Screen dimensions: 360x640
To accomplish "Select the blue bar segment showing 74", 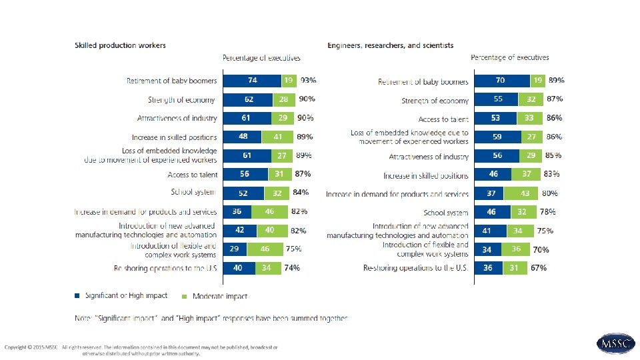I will pyautogui.click(x=252, y=80).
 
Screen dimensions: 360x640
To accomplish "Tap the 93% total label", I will pyautogui.click(x=308, y=80).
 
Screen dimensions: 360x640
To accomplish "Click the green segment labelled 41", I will pyautogui.click(x=277, y=137).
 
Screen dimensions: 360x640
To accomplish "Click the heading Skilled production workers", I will pyautogui.click(x=120, y=45).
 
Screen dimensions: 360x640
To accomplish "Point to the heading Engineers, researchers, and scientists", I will pyautogui.click(x=390, y=45).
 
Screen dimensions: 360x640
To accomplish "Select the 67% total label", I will pyautogui.click(x=539, y=267).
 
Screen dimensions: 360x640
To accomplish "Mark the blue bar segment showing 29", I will pyautogui.click(x=235, y=249).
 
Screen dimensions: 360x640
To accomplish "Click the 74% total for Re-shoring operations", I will pyautogui.click(x=292, y=267).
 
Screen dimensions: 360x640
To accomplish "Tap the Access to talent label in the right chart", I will pyautogui.click(x=445, y=119).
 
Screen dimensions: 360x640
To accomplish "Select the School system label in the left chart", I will pyautogui.click(x=193, y=193).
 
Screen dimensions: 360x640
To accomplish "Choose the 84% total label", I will pyautogui.click(x=301, y=193).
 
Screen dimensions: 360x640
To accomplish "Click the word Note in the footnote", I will pyautogui.click(x=82, y=319).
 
